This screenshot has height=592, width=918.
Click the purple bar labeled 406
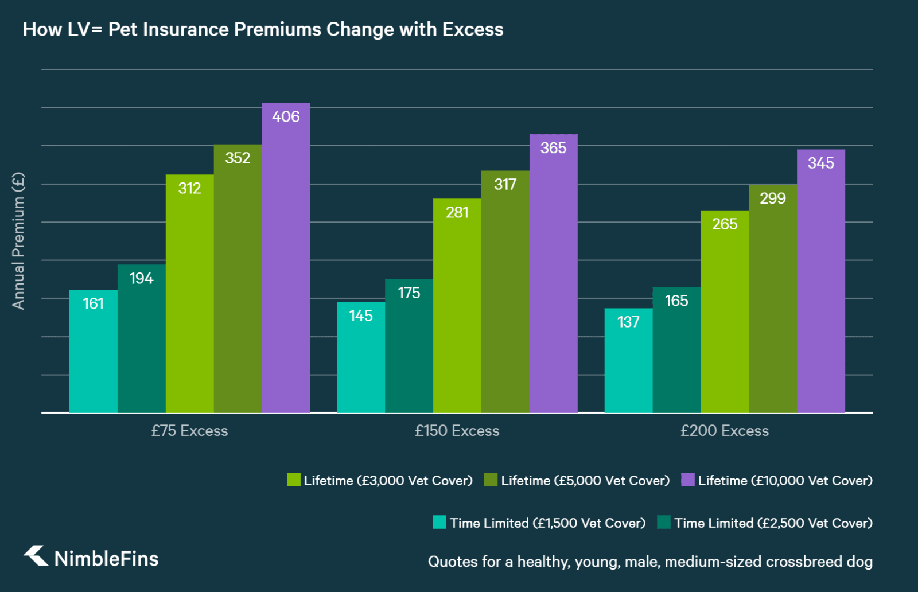[286, 258]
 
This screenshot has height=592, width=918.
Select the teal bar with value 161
[93, 351]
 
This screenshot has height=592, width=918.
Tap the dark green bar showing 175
[409, 346]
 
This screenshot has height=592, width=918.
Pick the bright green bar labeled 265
[724, 311]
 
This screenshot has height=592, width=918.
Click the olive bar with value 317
[505, 291]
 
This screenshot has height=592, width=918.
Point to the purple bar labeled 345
[820, 281]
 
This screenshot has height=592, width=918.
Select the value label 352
[238, 158]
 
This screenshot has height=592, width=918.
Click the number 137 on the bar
[628, 322]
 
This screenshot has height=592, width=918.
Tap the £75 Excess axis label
[189, 431]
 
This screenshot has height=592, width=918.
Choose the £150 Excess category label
[457, 431]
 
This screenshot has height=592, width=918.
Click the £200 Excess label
[724, 431]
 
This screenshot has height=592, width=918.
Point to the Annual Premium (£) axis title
[18, 241]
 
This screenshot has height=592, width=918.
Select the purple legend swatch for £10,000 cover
[687, 480]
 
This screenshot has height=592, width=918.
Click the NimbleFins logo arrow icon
[36, 555]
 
